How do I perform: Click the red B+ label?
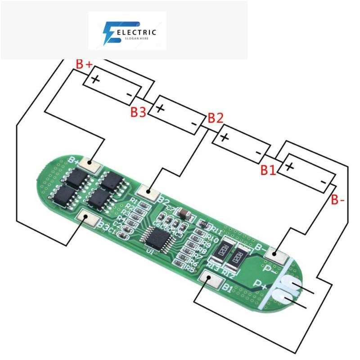click(x=84, y=65)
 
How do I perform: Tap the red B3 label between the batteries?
click(x=138, y=112)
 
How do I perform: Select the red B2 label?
click(x=215, y=118)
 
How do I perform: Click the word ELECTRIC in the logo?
click(x=136, y=32)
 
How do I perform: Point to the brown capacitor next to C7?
click(x=183, y=214)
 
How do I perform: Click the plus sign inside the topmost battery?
click(x=95, y=80)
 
